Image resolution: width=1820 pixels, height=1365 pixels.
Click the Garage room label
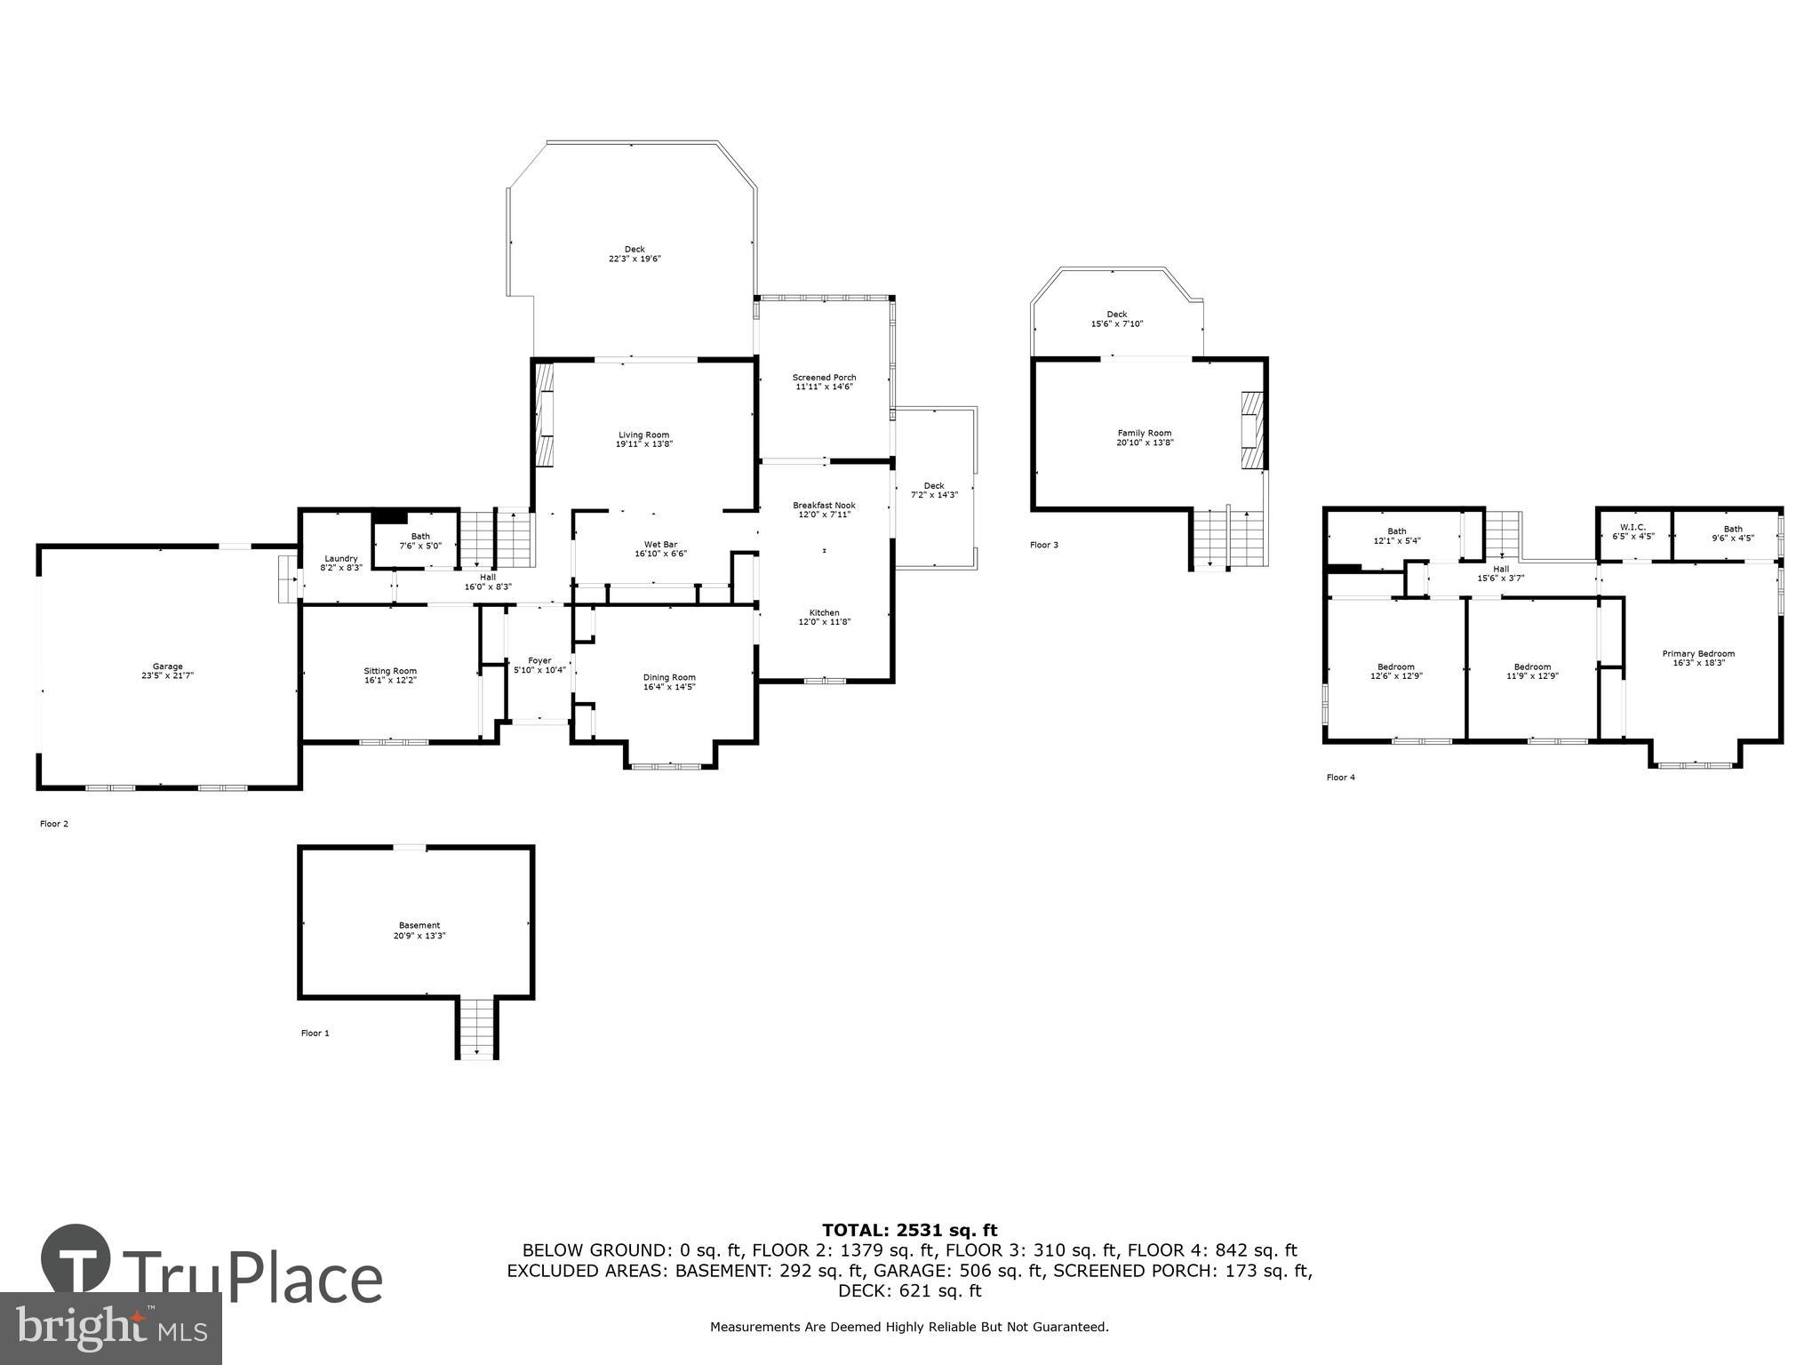[x=167, y=667]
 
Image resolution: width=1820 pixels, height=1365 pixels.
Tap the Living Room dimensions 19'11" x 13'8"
[x=644, y=444]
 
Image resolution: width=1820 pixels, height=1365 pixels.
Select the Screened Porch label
[x=824, y=378]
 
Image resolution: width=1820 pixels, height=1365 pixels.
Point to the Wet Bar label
[x=660, y=545]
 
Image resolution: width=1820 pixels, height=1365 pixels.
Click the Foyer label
[x=539, y=660]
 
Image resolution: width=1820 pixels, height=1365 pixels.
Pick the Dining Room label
[x=669, y=677]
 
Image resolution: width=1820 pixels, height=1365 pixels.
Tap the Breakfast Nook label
[x=824, y=505]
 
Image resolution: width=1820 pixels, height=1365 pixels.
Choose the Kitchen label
[x=824, y=613]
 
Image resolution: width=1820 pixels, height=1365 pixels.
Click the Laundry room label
[x=340, y=558]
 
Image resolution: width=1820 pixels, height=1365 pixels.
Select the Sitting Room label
[x=390, y=671]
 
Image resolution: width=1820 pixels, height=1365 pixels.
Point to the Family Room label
[x=1145, y=433]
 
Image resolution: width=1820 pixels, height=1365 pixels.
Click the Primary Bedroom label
[x=1698, y=653]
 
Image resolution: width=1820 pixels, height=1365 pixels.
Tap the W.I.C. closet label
[x=1633, y=528]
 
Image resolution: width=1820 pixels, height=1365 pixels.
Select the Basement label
[x=419, y=925]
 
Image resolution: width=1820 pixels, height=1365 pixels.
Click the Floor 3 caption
[x=1043, y=545]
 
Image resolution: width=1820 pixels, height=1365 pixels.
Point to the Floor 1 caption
[x=315, y=1033]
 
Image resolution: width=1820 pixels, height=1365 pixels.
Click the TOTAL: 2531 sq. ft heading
[x=909, y=1230]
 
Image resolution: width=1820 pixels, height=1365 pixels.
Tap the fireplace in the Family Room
[x=1251, y=430]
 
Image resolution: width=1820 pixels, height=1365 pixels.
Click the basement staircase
[x=476, y=1028]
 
